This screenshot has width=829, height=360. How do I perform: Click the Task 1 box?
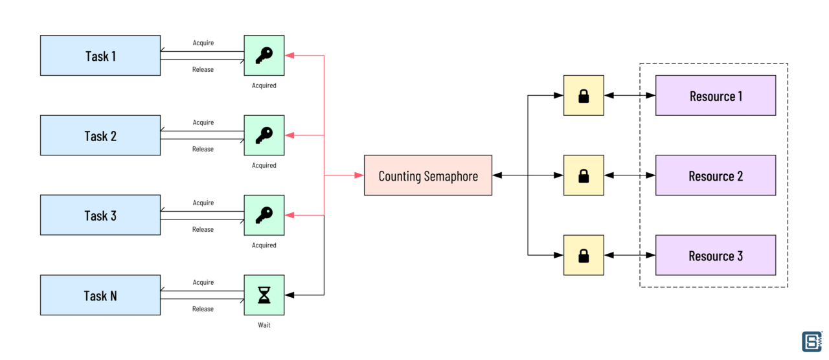[100, 56]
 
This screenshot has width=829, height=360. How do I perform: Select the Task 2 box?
[100, 136]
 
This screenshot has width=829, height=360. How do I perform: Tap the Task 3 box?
[100, 216]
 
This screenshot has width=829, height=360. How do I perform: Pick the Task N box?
[100, 295]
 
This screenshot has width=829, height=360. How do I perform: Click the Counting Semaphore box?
[428, 175]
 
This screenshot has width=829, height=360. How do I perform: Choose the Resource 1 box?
[716, 96]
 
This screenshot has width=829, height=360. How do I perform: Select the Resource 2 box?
[716, 175]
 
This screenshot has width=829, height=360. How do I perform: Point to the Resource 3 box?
[716, 256]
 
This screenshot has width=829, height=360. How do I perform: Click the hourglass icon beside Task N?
[264, 295]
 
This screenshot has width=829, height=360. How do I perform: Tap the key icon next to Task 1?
[264, 56]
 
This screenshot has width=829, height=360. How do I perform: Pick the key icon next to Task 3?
[264, 215]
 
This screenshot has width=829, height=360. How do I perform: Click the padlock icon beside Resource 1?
[584, 96]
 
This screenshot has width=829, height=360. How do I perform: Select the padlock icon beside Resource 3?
[584, 256]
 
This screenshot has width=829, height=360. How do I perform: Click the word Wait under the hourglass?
[264, 325]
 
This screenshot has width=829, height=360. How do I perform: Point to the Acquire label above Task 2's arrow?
[203, 123]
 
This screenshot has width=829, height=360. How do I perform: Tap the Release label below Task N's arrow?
[203, 309]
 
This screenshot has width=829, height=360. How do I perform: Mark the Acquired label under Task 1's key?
[264, 85]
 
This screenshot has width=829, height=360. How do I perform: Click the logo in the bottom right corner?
[812, 341]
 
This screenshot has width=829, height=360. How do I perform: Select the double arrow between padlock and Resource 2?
[630, 175]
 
